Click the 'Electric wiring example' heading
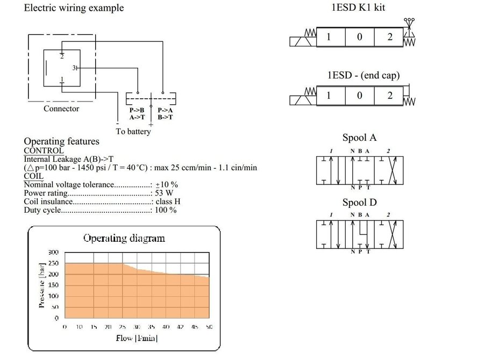74,8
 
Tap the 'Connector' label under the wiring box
61,109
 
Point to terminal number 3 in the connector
75,68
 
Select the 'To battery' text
133,131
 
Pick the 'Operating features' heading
61,141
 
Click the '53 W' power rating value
164,193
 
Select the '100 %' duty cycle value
166,210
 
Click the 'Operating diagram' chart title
124,238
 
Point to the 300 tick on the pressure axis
53,252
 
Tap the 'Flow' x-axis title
137,338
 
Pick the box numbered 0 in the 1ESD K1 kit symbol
359,37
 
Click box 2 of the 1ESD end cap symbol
390,96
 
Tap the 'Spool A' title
359,138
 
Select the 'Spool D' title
359,203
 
